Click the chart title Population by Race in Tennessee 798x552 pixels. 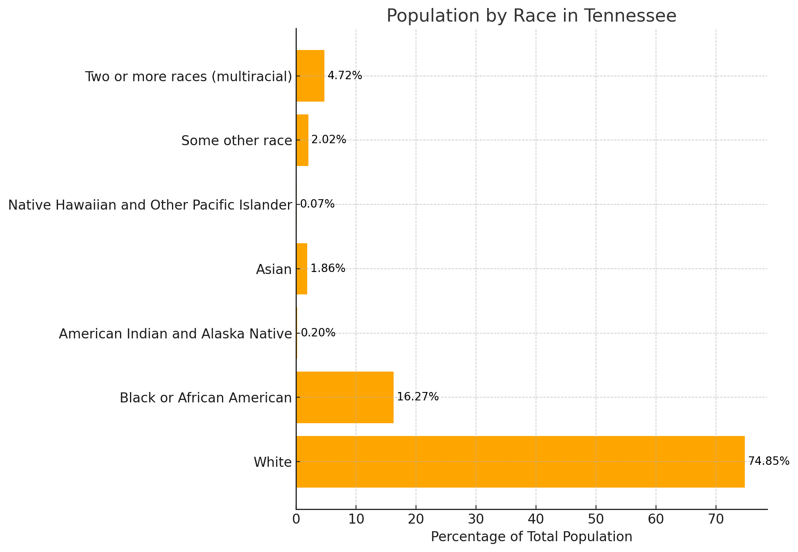point(531,16)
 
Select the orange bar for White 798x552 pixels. point(520,462)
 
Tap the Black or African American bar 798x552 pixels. point(345,397)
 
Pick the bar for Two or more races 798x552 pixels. point(310,76)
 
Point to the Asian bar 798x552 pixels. point(302,269)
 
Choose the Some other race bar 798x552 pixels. point(302,140)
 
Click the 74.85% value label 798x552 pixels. point(768,461)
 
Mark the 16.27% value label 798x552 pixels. point(418,397)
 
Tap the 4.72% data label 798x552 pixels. point(344,75)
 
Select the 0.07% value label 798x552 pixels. point(317,204)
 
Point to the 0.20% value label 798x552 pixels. point(318,332)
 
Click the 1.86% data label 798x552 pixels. point(328,268)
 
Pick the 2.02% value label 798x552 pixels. point(328,140)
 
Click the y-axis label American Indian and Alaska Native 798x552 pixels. point(175,334)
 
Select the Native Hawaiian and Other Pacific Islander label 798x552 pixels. point(150,205)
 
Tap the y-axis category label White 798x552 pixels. point(272,462)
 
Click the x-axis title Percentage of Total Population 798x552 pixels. point(531,537)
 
